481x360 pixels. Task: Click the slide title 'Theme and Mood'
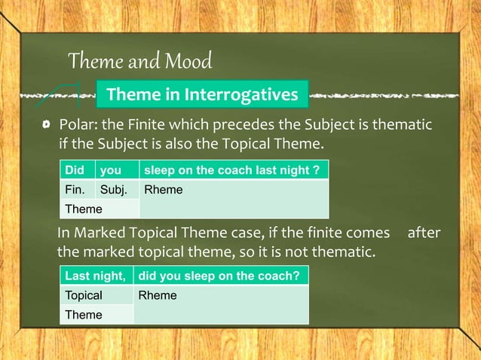[x=139, y=59]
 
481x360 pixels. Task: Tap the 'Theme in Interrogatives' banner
[x=202, y=95]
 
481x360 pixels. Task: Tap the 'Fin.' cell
[x=75, y=190]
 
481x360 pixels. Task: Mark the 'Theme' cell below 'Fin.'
[x=83, y=209]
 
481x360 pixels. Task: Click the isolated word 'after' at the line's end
[x=423, y=233]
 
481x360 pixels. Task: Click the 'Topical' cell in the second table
[x=84, y=295]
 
